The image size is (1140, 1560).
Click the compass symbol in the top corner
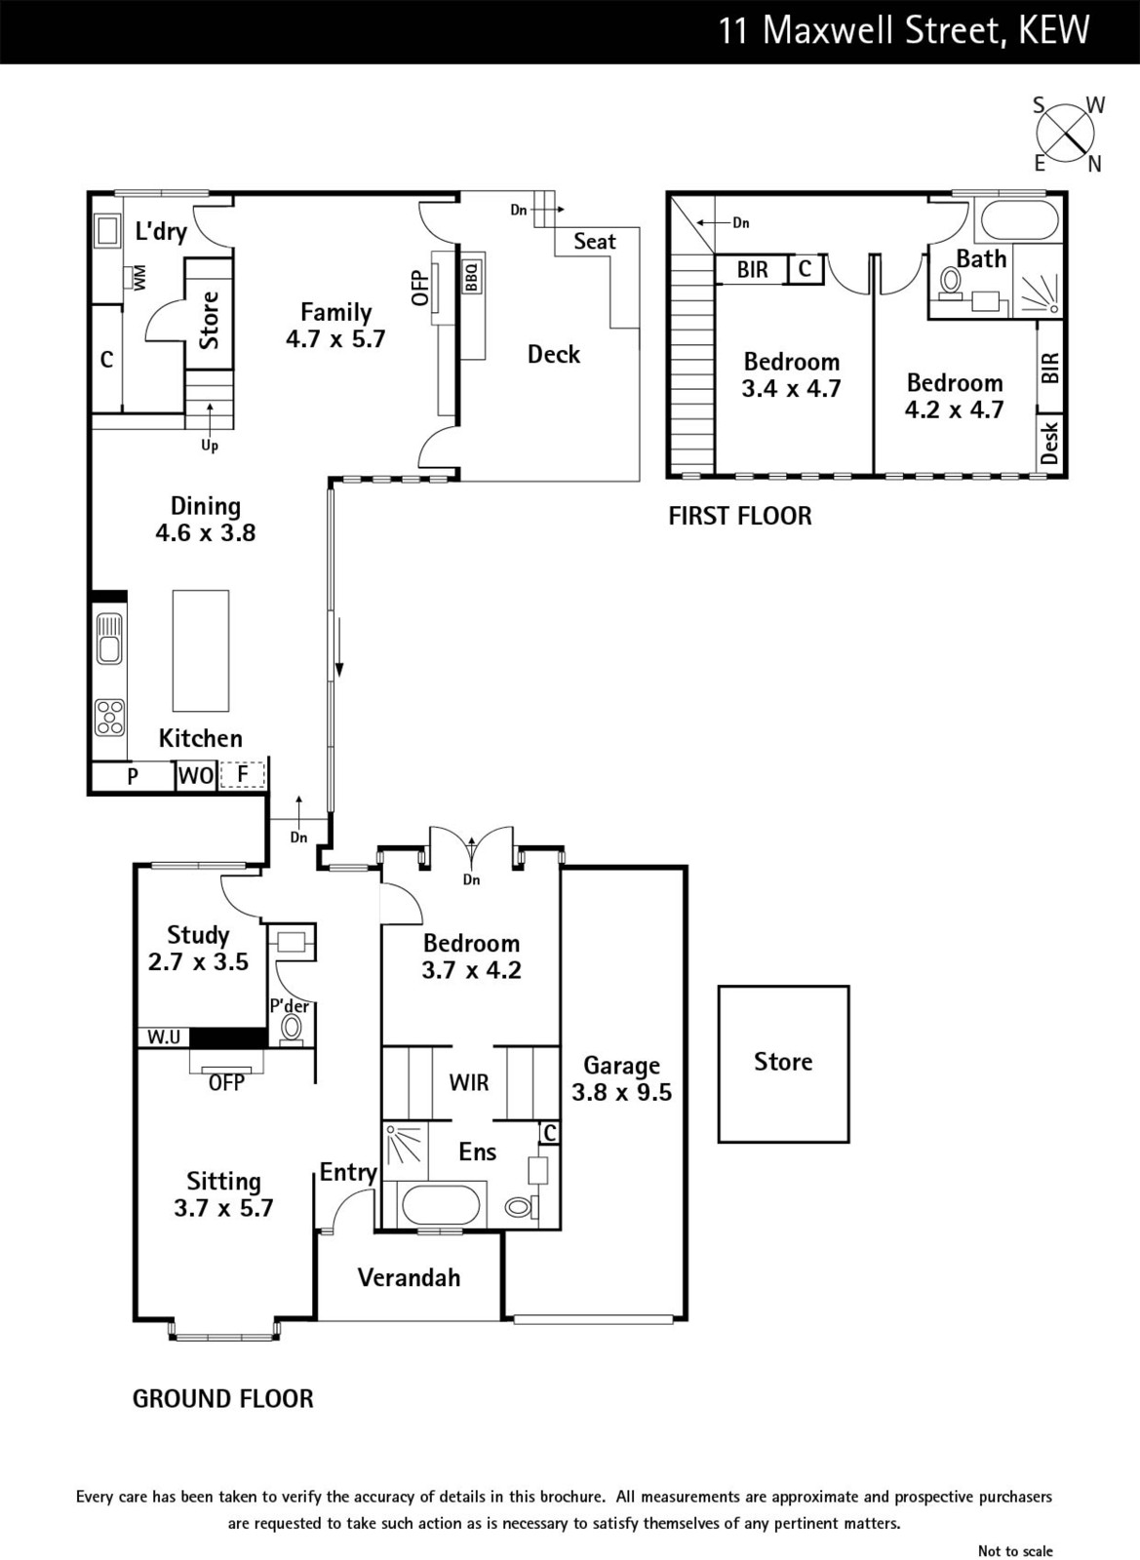coord(1065,134)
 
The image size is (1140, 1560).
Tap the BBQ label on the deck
coord(471,277)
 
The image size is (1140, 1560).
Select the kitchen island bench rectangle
coord(201,650)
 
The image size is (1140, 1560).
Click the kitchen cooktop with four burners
coord(109,718)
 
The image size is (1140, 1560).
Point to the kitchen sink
coord(109,638)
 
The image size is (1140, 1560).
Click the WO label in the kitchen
coord(196,776)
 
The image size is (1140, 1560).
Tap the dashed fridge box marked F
coord(243,775)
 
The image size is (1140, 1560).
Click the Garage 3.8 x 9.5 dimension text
coord(622,1078)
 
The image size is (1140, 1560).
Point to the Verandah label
coord(409,1277)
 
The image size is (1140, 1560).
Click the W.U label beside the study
coord(164,1037)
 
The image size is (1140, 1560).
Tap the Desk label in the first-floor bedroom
coord(1050,442)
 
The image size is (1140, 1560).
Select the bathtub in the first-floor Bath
coord(1019,220)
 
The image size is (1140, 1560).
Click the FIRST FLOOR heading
coord(740,516)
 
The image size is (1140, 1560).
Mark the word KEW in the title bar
coord(1053,30)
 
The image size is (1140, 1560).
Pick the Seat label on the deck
coord(595,241)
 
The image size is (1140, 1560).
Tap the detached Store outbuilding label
coord(783,1062)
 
